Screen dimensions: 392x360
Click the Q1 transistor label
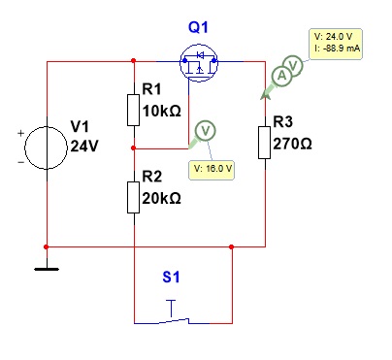(x=198, y=27)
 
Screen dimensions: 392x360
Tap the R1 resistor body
(x=134, y=110)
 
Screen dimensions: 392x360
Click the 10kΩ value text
(x=162, y=111)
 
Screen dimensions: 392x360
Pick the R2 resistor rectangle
(x=134, y=197)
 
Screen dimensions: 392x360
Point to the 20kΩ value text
(x=162, y=198)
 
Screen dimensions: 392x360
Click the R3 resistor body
(x=265, y=143)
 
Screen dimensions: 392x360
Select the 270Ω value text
(x=292, y=144)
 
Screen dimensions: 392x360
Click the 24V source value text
(x=83, y=147)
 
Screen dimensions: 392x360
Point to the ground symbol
(x=47, y=269)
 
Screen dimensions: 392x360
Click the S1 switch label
(x=171, y=278)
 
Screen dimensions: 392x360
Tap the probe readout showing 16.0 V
(x=212, y=169)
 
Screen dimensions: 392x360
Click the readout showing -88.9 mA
(x=336, y=44)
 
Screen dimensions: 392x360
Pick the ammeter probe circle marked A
(x=281, y=76)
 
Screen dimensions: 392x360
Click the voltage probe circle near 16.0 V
(x=206, y=131)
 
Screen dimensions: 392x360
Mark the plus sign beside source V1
(x=20, y=133)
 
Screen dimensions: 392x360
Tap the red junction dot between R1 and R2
(x=134, y=148)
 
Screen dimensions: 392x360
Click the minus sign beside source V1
(x=20, y=162)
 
